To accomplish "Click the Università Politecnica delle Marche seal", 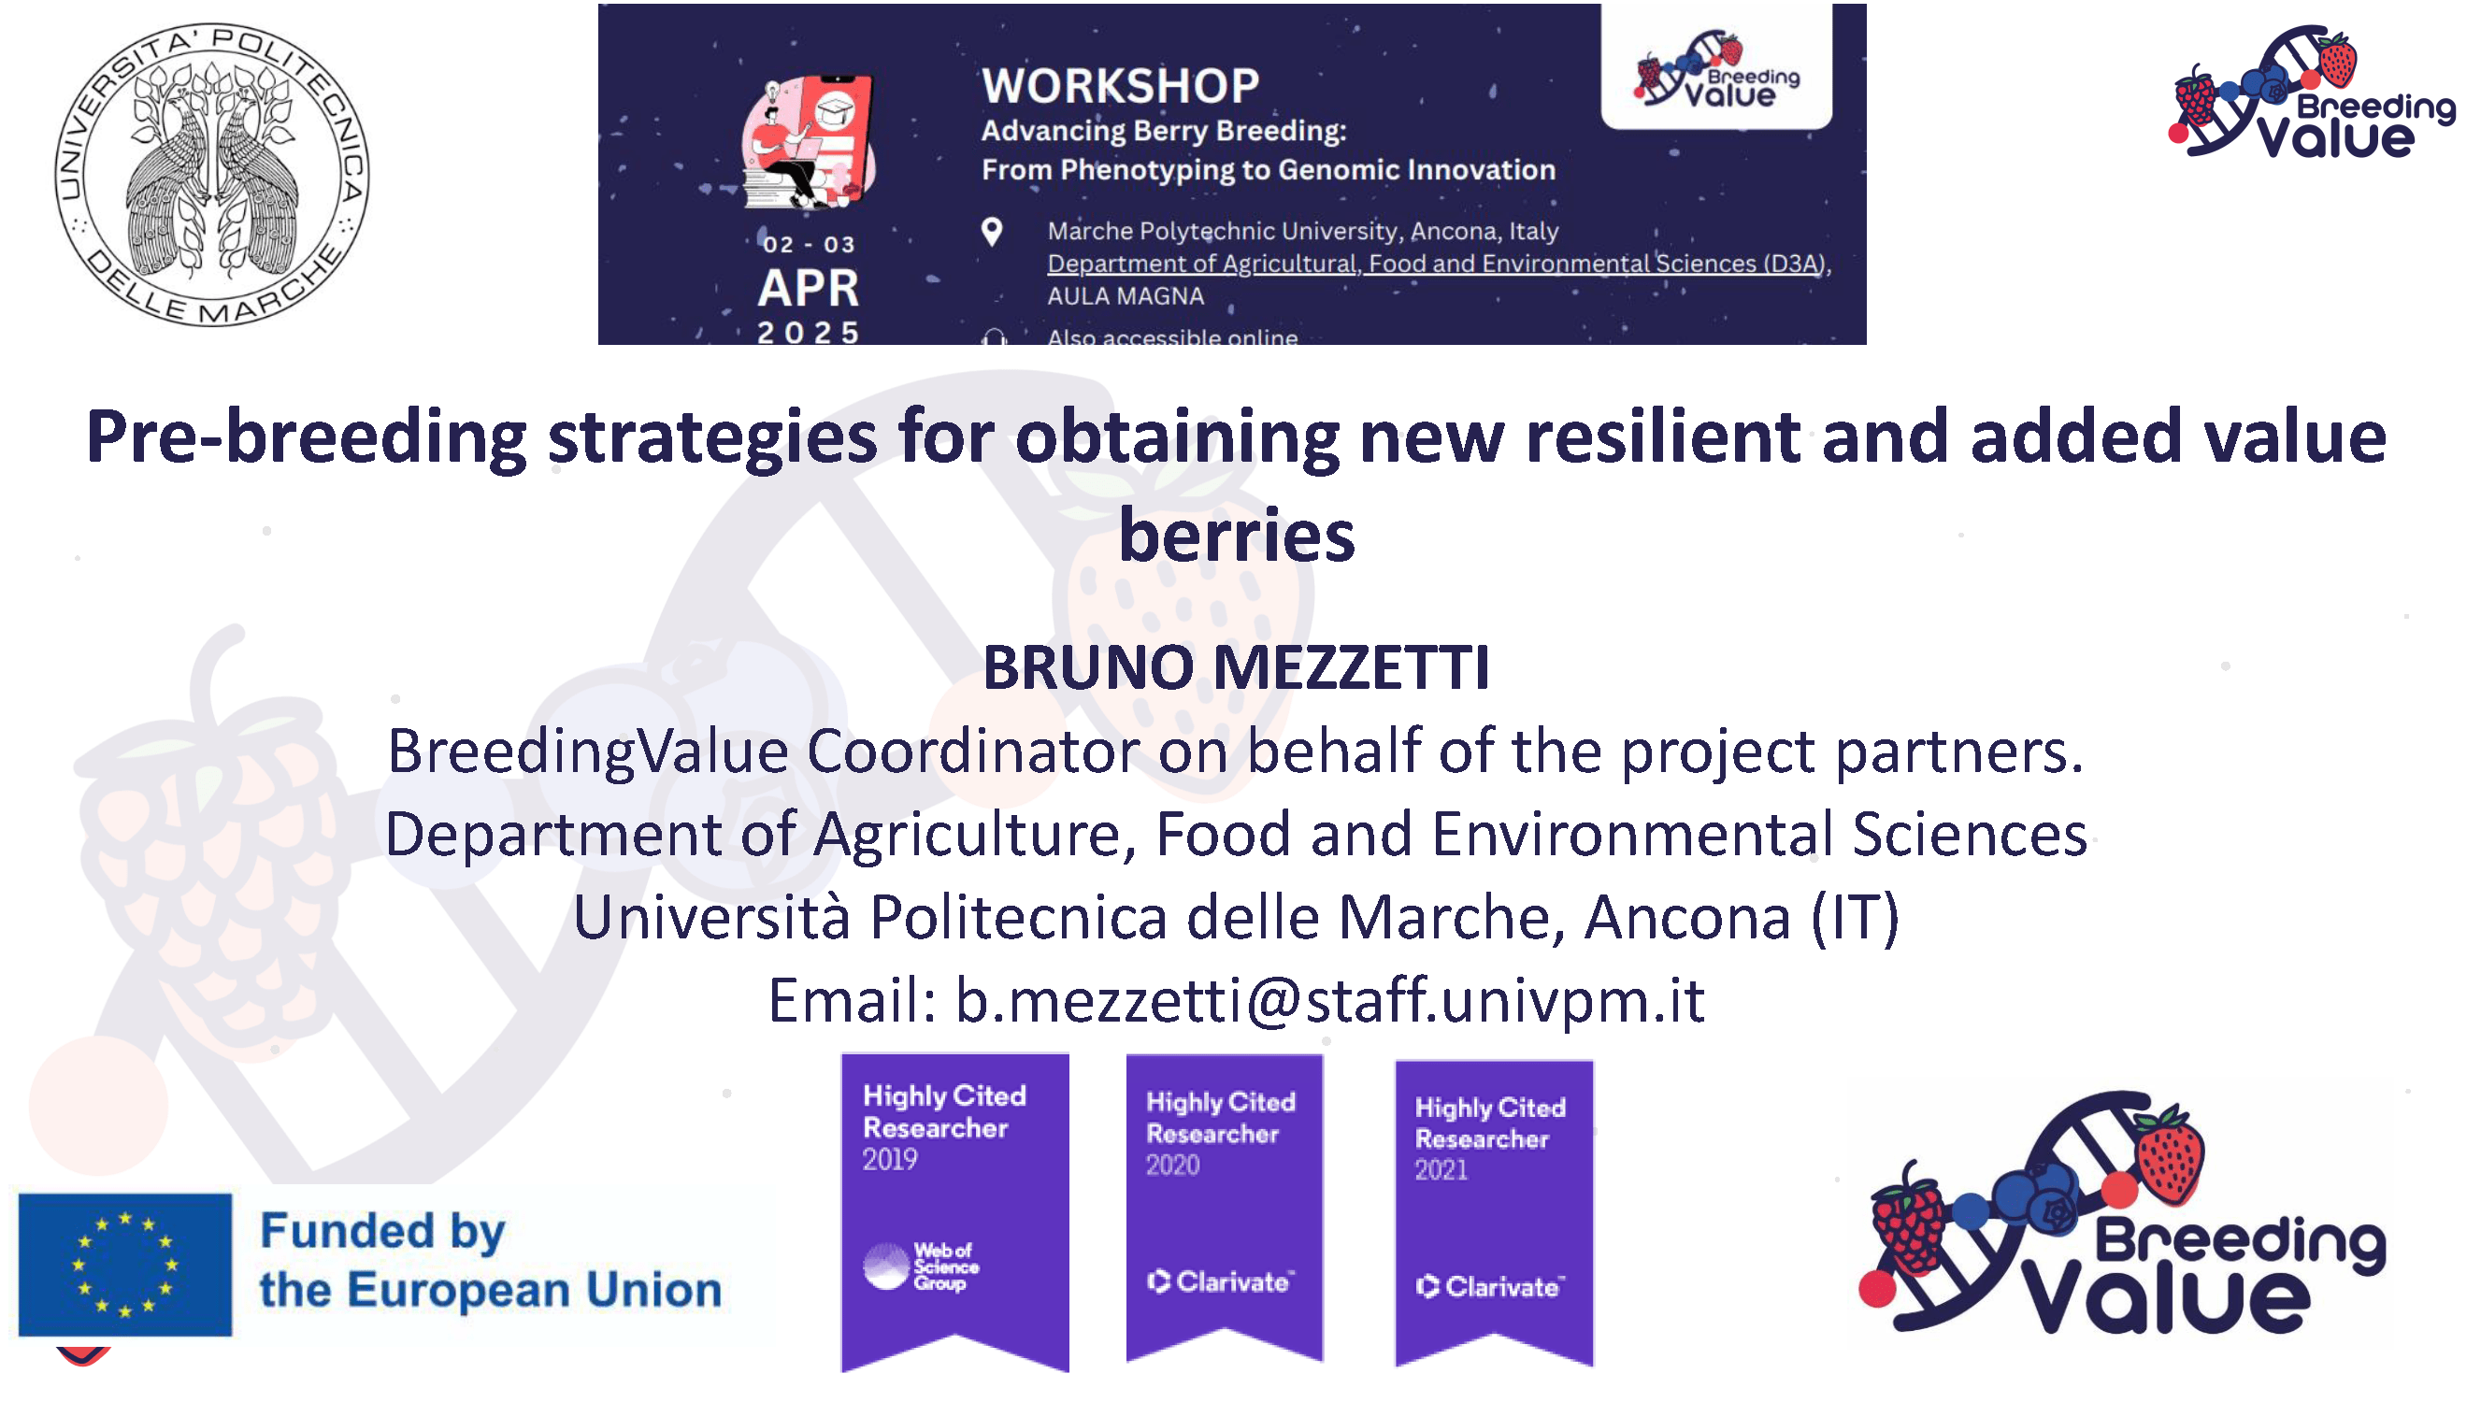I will pyautogui.click(x=212, y=174).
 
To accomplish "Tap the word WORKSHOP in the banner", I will pyautogui.click(x=1120, y=86).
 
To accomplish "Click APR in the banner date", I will pyautogui.click(x=807, y=288).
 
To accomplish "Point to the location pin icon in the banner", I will pyautogui.click(x=991, y=231).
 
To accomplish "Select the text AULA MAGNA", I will pyautogui.click(x=1125, y=296).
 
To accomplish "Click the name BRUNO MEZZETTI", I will pyautogui.click(x=1237, y=666).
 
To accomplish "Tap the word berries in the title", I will pyautogui.click(x=1237, y=536).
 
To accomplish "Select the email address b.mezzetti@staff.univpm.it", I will pyautogui.click(x=1329, y=999).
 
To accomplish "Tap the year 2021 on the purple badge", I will pyautogui.click(x=1441, y=1170).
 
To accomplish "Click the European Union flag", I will pyautogui.click(x=125, y=1265).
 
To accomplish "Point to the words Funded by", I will pyautogui.click(x=382, y=1232).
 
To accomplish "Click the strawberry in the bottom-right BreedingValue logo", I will pyautogui.click(x=2168, y=1155).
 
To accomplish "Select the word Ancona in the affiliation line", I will pyautogui.click(x=1686, y=917).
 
